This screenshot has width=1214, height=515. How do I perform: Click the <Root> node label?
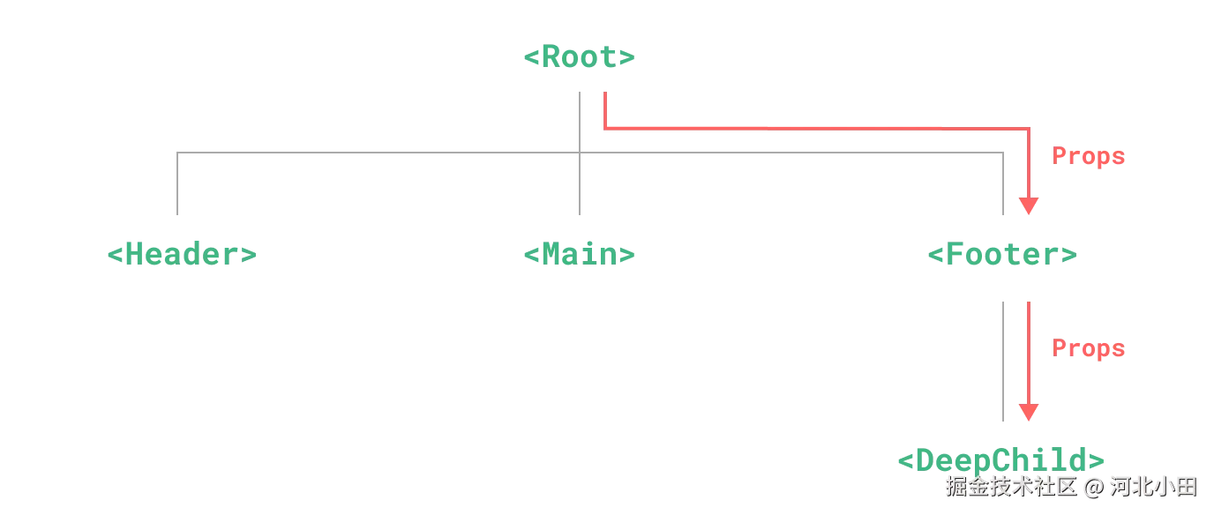pos(579,56)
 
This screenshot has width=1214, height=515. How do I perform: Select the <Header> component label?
pos(182,254)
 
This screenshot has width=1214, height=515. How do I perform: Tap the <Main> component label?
pos(579,254)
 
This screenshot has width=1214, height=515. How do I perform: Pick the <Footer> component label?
pos(1002,254)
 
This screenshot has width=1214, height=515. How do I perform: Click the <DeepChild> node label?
pos(1001,460)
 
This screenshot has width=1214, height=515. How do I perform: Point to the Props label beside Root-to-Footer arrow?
pos(1088,156)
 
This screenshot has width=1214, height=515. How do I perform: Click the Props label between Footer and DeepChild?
pos(1088,348)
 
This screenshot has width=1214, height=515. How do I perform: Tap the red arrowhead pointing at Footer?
pos(1029,205)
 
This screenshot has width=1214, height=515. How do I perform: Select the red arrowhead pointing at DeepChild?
pos(1029,412)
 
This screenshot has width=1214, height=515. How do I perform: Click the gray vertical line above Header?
pos(177,183)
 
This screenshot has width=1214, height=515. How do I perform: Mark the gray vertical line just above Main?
pos(580,183)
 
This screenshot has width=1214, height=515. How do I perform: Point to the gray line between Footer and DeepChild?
pos(1003,362)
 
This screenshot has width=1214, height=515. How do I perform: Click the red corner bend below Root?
pos(605,129)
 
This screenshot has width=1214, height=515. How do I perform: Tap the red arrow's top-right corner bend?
pos(1029,129)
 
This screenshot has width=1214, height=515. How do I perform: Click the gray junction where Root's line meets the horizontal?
pos(580,153)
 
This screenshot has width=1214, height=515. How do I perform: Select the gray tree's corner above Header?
pos(177,153)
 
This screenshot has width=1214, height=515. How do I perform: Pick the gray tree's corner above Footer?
pos(1003,153)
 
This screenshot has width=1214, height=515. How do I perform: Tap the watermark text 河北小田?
pos(1153,487)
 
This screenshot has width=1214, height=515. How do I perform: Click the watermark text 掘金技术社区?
pos(1011,487)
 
